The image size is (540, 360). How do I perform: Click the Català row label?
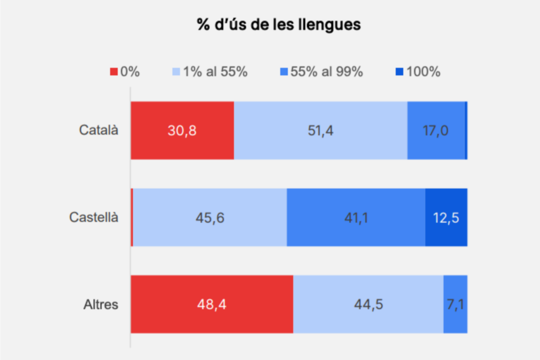[99, 130]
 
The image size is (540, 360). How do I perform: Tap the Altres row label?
[101, 304]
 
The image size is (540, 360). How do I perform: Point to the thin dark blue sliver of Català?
[466, 130]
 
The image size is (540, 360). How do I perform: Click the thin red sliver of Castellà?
[132, 217]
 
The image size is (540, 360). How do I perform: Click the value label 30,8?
[182, 131]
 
